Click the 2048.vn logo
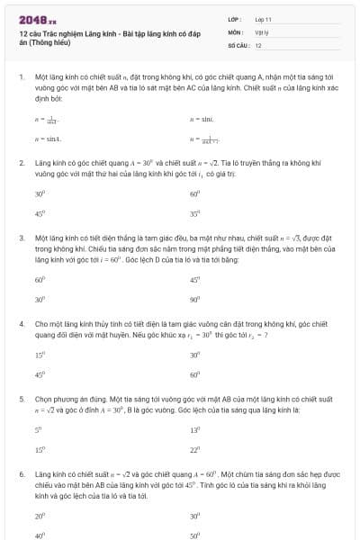38,18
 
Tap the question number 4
22,321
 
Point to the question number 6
22,472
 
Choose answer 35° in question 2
194,214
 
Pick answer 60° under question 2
194,193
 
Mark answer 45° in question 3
194,279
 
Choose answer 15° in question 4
40,355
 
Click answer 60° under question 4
194,374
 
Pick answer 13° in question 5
194,429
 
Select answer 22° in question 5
194,450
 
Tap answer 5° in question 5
39,429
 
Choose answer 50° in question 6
194,535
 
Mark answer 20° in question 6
40,516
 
